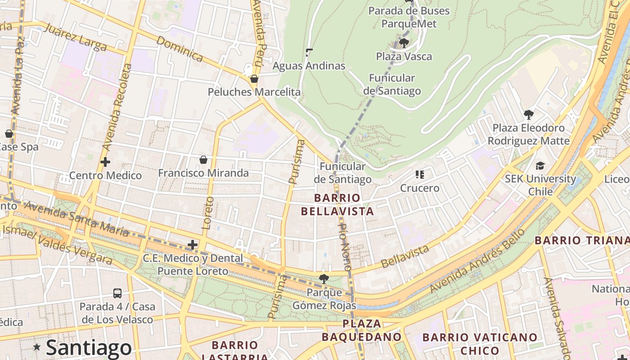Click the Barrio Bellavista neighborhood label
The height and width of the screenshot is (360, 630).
coord(337,204)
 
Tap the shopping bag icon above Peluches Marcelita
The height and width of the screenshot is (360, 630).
coord(254,79)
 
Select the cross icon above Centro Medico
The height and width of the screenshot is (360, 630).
coord(105,162)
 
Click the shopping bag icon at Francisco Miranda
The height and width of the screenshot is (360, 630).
coord(203,160)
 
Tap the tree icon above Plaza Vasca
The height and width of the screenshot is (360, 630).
coord(404,43)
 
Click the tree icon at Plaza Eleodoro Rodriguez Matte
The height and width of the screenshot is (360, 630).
coord(529,115)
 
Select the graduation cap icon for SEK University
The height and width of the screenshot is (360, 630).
coord(540,166)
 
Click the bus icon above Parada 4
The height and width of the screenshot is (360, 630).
coord(117,293)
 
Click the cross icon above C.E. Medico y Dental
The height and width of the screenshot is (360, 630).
coord(193,245)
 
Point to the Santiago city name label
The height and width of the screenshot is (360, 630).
coord(89,347)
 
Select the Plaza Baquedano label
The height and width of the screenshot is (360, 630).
coord(361,330)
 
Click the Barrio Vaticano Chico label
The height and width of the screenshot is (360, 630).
coord(480,344)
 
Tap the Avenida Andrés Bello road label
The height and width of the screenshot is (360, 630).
coord(477,261)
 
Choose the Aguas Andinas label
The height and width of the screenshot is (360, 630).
coord(309,66)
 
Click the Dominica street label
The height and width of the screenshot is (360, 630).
coord(180,49)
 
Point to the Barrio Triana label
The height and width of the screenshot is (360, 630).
coord(582,240)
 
